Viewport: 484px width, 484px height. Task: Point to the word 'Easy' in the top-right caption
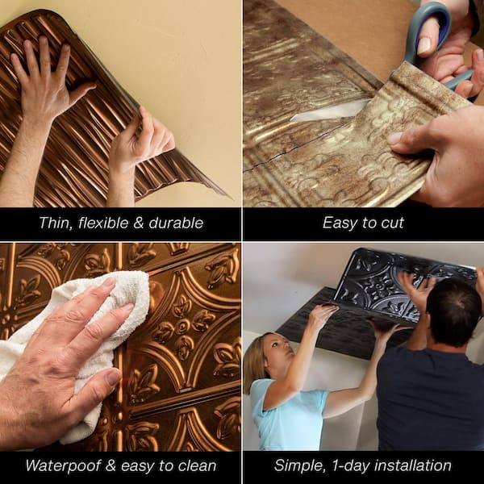[340, 223]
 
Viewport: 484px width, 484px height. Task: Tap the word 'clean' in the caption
[197, 465]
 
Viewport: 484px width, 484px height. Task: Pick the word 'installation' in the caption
[413, 465]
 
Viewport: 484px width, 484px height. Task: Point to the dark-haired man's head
[453, 307]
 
